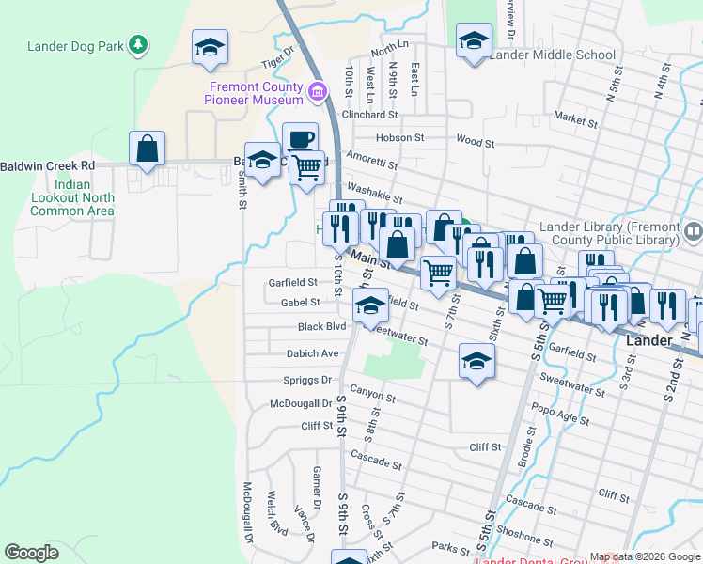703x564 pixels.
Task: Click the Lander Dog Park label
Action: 77,45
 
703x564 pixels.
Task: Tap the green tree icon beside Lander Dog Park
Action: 139,44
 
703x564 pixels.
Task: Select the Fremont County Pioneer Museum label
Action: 256,93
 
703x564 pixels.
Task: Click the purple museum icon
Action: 318,91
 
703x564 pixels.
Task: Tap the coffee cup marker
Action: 300,139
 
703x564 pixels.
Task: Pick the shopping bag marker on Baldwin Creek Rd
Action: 148,149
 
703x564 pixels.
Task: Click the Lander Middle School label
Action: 552,55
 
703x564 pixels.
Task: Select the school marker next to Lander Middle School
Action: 474,42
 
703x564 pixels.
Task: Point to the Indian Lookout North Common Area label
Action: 72,198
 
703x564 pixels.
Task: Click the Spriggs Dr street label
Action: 307,381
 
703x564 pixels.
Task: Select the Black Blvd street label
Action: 321,327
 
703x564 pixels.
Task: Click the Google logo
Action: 32,553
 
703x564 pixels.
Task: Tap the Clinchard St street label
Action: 369,115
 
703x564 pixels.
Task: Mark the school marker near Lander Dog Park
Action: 210,47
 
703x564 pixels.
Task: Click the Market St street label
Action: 576,119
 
